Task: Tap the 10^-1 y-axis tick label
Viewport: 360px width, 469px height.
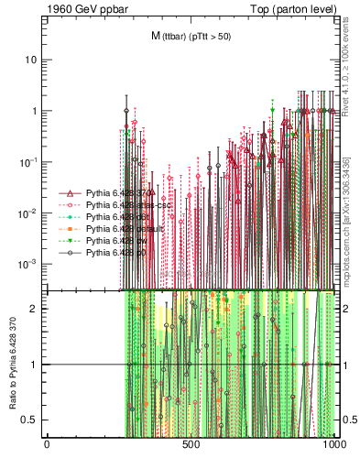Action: click(x=29, y=161)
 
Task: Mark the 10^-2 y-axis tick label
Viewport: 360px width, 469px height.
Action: click(x=29, y=213)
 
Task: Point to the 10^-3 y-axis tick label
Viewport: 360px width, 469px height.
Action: click(x=29, y=264)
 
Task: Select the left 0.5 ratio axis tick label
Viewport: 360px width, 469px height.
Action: click(x=31, y=420)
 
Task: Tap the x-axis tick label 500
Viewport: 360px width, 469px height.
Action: click(x=191, y=445)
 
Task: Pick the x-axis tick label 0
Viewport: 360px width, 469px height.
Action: click(x=47, y=445)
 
